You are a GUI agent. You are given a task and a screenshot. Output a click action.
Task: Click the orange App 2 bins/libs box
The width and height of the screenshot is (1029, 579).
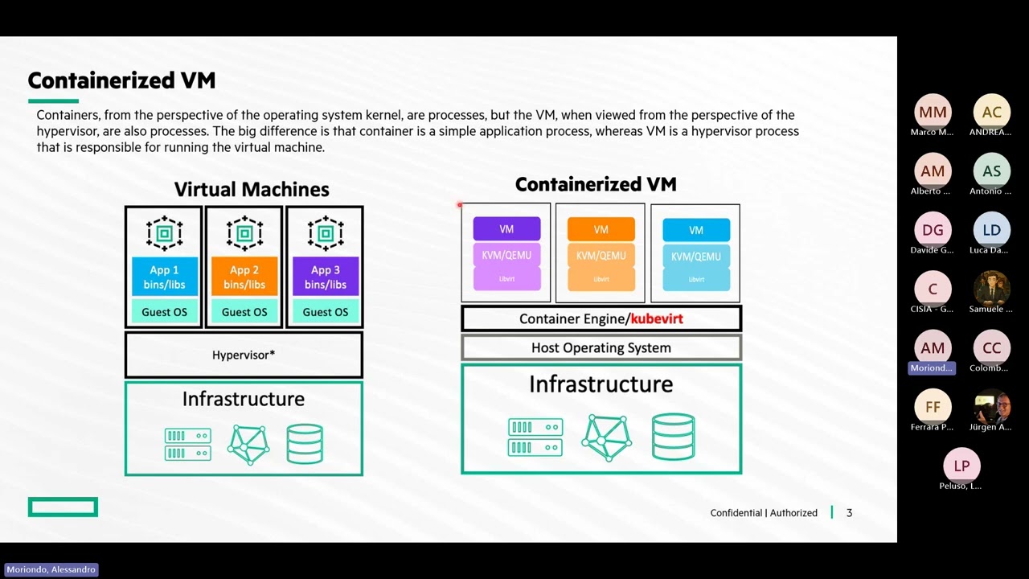click(x=244, y=277)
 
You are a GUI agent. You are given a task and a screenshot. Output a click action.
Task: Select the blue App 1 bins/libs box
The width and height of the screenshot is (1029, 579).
click(x=164, y=277)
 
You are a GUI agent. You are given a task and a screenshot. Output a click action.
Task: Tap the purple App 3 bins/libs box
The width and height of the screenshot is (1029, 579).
click(x=325, y=277)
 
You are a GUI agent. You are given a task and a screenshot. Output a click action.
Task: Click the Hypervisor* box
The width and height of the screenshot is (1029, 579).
click(x=244, y=355)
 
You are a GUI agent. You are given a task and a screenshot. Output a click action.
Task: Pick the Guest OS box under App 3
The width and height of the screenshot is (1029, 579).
click(x=325, y=312)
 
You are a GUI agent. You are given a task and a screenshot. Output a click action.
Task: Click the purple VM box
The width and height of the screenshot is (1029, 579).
click(x=506, y=229)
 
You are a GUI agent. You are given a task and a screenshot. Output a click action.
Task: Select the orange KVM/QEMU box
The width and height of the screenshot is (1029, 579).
click(x=601, y=256)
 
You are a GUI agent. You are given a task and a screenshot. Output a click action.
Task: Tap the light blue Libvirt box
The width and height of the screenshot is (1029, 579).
click(x=696, y=279)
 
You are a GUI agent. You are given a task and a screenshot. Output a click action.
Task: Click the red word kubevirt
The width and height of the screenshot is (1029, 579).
click(x=657, y=318)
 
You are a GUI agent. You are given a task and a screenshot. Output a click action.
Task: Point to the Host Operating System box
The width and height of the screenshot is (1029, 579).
click(x=601, y=347)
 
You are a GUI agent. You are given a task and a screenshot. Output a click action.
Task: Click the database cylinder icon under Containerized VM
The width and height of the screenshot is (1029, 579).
click(x=673, y=437)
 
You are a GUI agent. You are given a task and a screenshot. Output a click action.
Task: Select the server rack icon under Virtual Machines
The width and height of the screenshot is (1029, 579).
click(x=187, y=444)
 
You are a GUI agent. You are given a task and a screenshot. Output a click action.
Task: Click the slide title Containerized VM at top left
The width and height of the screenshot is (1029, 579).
click(x=121, y=80)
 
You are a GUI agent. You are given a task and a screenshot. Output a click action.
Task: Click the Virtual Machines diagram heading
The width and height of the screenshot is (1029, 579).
click(x=252, y=189)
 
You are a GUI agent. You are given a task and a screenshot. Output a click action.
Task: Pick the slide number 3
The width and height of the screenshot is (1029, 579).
click(x=849, y=513)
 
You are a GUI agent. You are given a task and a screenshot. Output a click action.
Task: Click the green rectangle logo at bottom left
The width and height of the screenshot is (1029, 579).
click(x=63, y=507)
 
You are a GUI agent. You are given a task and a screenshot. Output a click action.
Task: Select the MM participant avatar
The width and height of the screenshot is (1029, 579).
click(x=933, y=113)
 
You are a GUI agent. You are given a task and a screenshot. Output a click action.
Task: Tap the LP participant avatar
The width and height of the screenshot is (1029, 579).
click(x=961, y=466)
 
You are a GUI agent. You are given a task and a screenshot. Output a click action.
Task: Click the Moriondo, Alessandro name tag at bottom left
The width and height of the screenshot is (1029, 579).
click(x=51, y=569)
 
